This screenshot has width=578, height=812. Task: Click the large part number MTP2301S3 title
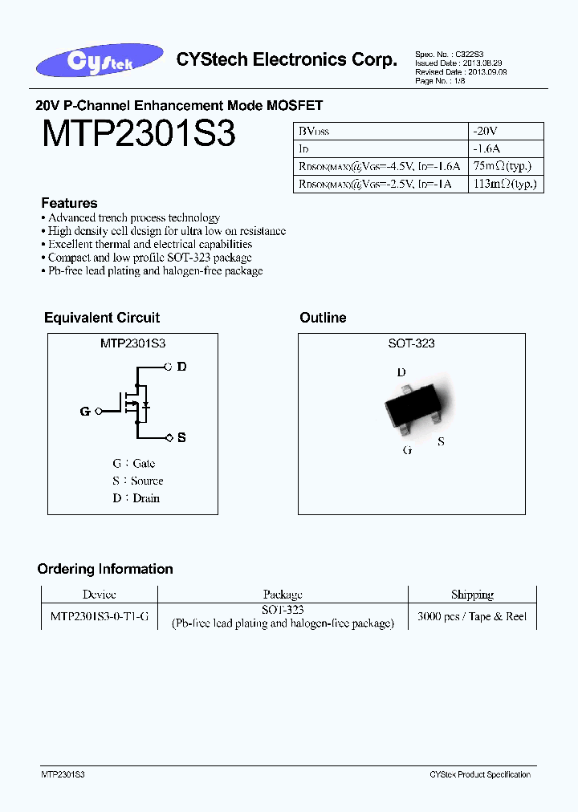(138, 134)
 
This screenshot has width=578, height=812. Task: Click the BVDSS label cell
(315, 131)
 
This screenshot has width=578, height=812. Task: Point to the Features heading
(69, 203)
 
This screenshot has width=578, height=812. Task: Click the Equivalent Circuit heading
(102, 318)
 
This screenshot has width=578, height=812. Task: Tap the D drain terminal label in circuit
(181, 367)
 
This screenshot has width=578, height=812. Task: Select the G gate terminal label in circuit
(85, 412)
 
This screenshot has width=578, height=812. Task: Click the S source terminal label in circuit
(181, 437)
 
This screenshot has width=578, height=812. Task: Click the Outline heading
(323, 318)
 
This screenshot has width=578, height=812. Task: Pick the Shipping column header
(472, 595)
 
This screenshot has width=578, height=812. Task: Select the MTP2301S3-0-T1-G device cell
(99, 616)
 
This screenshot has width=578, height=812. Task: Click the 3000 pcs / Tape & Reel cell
(472, 616)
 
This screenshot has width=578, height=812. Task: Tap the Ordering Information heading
(105, 569)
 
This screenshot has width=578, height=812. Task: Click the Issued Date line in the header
(460, 63)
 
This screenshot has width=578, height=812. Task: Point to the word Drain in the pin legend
(146, 498)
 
